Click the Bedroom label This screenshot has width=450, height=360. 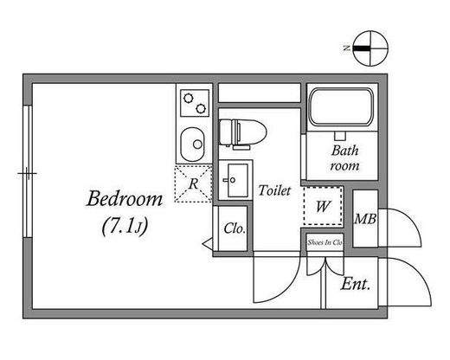click(x=125, y=199)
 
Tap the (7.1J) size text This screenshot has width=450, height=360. click(x=125, y=226)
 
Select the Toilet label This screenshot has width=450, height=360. click(x=274, y=190)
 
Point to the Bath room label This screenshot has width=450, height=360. click(x=344, y=158)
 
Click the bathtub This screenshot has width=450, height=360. click(x=341, y=106)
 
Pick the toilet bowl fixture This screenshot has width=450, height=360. click(x=242, y=133)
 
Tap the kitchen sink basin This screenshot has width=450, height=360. click(x=192, y=145)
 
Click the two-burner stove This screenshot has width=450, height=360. click(x=195, y=103)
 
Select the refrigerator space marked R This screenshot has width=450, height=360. click(x=193, y=183)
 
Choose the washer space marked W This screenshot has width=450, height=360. click(x=323, y=206)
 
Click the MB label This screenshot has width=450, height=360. click(x=365, y=219)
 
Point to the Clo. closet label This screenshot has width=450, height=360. click(x=235, y=228)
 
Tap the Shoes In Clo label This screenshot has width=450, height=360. click(x=325, y=242)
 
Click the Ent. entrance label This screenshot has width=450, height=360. click(x=355, y=285)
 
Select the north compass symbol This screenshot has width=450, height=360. click(x=370, y=48)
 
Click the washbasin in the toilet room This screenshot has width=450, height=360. click(x=235, y=180)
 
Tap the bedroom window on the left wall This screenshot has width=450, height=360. click(x=28, y=171)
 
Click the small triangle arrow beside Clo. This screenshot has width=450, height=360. click(x=208, y=244)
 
